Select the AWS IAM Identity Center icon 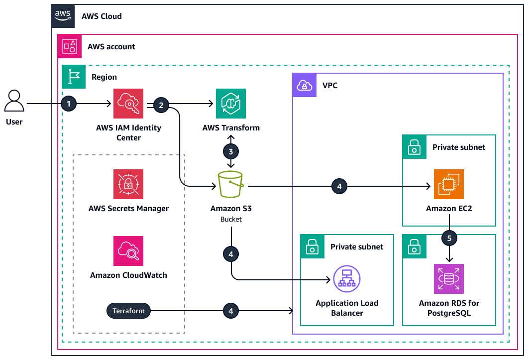point(128,104)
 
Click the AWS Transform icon point(231,104)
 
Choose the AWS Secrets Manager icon point(128,184)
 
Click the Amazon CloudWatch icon point(128,251)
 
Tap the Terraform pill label point(128,311)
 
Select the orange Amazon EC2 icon point(449,184)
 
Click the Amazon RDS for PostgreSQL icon point(449,279)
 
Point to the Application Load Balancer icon point(347,280)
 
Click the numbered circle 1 point(69,104)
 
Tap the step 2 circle point(161,105)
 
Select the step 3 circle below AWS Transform point(231,151)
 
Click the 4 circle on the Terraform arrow point(231,311)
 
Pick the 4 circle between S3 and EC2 point(339,187)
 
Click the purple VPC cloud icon point(304,86)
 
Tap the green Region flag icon point(74,77)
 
